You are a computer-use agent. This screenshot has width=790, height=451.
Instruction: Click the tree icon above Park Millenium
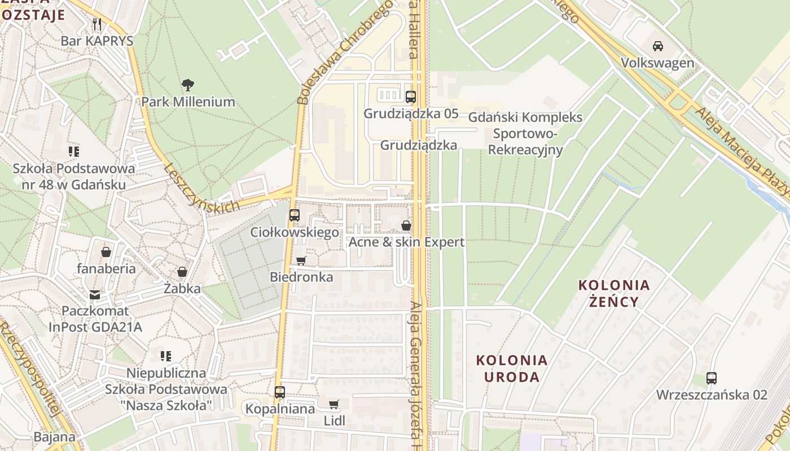point(188,85)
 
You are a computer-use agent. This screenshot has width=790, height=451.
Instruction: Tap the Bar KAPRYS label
point(97,41)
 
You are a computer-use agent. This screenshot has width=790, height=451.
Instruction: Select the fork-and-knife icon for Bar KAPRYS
point(97,24)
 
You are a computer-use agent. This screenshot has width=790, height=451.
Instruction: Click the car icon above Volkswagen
point(657,46)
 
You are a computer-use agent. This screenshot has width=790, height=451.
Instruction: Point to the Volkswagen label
point(657,63)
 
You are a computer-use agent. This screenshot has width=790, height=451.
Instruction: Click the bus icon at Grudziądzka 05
point(411,96)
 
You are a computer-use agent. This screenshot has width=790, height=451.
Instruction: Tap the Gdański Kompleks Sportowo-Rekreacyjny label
point(525,134)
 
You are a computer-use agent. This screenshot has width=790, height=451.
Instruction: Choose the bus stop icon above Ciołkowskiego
point(294,215)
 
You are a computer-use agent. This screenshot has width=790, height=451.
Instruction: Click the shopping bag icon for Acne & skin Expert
point(406,226)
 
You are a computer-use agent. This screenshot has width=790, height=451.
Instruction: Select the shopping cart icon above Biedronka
point(301,260)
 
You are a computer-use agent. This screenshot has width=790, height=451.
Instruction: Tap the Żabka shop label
point(182,289)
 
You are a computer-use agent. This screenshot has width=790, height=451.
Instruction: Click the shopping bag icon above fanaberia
point(106,252)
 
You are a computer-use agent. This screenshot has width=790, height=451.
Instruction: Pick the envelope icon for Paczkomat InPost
point(95,294)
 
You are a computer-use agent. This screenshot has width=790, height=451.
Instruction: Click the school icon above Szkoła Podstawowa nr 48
point(73,151)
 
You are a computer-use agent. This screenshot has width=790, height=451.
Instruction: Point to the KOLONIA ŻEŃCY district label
point(614,293)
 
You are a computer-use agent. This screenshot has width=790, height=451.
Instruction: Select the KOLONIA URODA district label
point(512,368)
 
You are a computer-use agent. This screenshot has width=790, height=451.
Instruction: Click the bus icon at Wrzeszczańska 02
point(712,378)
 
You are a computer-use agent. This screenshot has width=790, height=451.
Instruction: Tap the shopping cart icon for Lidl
point(334,404)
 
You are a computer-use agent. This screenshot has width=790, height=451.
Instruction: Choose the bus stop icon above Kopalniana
point(280,392)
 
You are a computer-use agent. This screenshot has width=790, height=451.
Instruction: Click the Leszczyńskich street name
point(201,188)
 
